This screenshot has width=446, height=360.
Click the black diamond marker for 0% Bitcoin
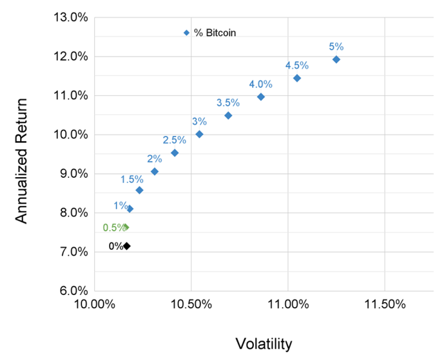(126, 246)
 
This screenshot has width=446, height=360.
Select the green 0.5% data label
(114, 227)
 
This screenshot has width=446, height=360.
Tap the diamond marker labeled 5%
(336, 59)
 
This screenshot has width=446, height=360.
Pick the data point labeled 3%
(199, 134)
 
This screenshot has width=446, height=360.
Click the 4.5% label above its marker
(297, 65)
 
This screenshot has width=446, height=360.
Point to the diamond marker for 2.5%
(175, 153)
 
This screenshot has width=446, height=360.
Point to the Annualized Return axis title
(23, 160)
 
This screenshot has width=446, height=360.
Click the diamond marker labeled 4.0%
(260, 97)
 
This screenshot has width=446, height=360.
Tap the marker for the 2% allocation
(155, 171)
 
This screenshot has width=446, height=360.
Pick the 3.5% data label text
(228, 102)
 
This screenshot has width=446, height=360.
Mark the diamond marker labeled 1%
(130, 209)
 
